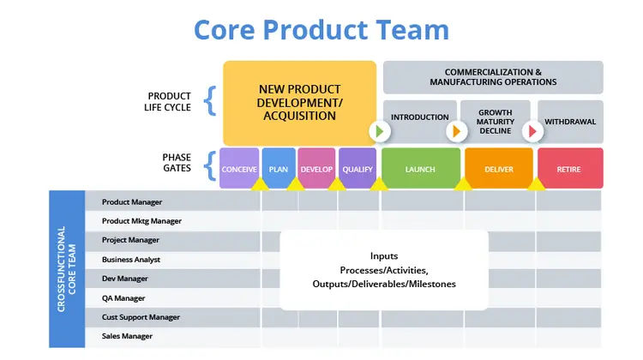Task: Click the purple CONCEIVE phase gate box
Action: pos(239,169)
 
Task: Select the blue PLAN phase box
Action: pos(279,169)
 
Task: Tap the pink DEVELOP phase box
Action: pos(316,169)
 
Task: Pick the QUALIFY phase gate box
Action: pos(357,169)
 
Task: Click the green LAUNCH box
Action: pos(420,169)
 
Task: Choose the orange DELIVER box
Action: pos(498,169)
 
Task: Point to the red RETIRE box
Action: pos(569,169)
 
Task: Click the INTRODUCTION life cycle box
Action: pos(420,117)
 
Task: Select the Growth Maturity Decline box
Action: pos(496,121)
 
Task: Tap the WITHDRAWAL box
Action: pos(571,121)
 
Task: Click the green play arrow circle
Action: pos(380,131)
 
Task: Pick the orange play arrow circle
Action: pos(456,131)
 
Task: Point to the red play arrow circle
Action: pos(532,131)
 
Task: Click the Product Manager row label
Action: pos(132,202)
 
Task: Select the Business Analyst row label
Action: pos(131,260)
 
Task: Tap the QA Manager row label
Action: pos(123,298)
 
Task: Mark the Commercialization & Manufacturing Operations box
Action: pos(493,77)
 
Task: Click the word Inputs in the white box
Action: pos(384,255)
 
